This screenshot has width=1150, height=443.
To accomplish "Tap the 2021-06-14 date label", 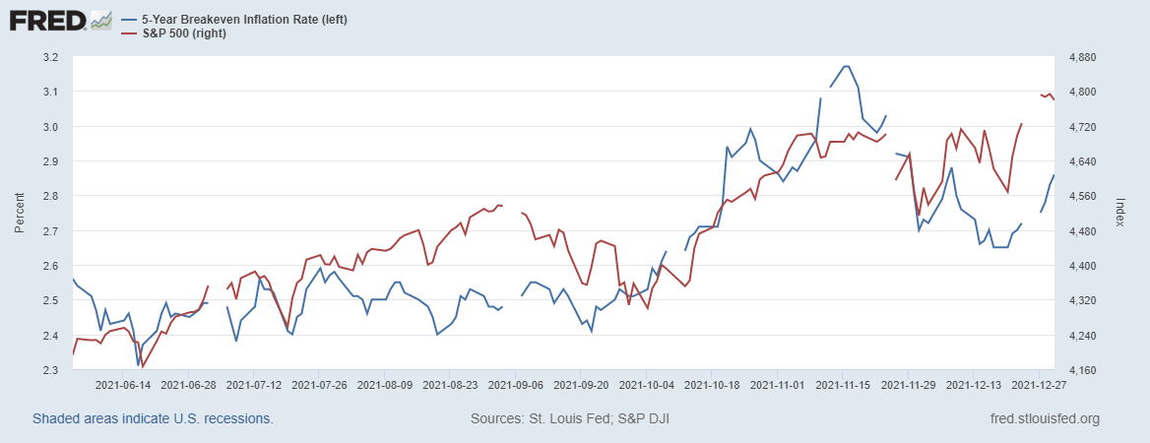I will click(x=123, y=387).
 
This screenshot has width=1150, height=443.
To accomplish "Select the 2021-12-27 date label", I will click(x=1041, y=387).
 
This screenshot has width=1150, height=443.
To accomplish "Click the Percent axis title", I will click(x=20, y=214).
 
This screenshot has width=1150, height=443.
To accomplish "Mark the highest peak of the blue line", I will click(x=846, y=66).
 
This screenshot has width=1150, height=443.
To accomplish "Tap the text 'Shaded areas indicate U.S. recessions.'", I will click(x=153, y=418).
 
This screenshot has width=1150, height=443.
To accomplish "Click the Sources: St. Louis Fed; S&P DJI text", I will click(x=571, y=418).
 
